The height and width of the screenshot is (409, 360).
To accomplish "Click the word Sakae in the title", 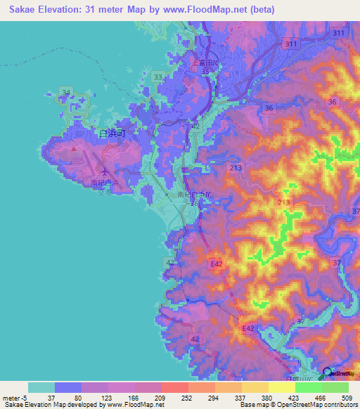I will (x=20, y=9).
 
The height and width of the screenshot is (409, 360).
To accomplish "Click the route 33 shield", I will (x=158, y=77).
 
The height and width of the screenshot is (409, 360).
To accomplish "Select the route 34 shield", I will (x=67, y=92).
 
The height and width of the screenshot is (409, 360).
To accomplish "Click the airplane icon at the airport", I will (x=105, y=171).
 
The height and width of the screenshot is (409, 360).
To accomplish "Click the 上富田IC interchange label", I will (x=205, y=62).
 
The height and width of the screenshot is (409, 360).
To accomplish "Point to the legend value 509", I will (x=345, y=397).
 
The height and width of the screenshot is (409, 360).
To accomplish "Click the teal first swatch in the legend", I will (x=41, y=387).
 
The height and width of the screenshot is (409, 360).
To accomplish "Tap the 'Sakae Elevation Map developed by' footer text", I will (x=53, y=405).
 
